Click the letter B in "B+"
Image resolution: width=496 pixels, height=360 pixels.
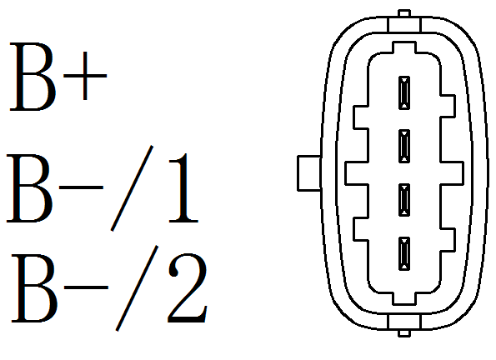pos(33,77)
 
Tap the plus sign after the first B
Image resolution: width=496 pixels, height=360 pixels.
pos(85,76)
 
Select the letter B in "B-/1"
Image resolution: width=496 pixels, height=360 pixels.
pos(29,188)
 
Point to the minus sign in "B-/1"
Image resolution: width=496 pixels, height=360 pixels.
pos(82,187)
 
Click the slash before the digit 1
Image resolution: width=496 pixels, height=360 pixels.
pos(132,188)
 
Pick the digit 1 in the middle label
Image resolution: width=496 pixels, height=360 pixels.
pos(184,188)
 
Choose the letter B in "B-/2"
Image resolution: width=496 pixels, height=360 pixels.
pos(34,288)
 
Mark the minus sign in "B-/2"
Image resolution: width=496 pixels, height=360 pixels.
pos(86,287)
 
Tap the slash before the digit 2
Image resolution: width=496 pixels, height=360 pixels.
pos(137,288)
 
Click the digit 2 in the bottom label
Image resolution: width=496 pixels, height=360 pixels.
pos(188,287)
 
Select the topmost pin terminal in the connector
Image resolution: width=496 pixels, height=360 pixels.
pos(404,93)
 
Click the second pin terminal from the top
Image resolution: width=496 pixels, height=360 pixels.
pos(404,146)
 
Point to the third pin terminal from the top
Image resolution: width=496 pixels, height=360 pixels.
pos(404,200)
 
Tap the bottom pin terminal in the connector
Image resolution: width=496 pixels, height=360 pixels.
pos(404,253)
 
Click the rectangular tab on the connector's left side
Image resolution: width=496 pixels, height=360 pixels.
pos(309,173)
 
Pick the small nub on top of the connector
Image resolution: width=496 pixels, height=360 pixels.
pos(404,13)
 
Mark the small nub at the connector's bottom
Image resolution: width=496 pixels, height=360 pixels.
pos(404,332)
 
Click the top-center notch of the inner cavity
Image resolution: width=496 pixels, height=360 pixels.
pos(404,47)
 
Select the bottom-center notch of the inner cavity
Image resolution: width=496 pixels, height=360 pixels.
pos(404,299)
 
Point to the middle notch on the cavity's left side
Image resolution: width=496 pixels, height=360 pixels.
pos(357,173)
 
